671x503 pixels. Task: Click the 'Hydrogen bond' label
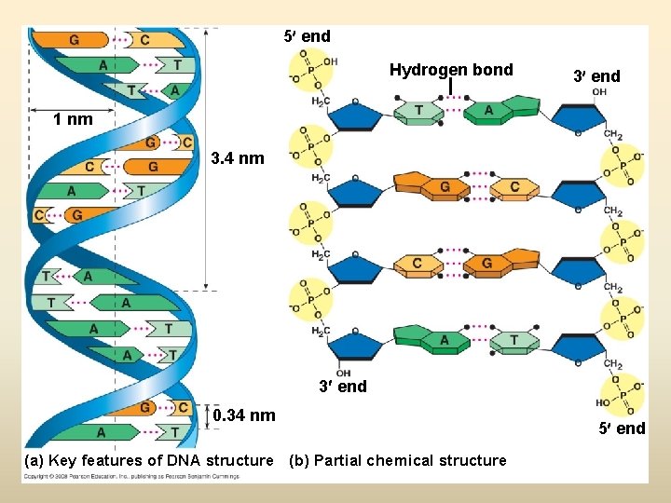pyautogui.click(x=451, y=70)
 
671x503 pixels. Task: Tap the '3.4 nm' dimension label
pyautogui.click(x=238, y=158)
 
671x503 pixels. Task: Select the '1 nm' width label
pyautogui.click(x=73, y=119)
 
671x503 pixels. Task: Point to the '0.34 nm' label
pyautogui.click(x=244, y=415)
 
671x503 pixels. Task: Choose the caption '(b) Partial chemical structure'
pyautogui.click(x=398, y=460)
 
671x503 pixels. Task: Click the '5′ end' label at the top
pyautogui.click(x=307, y=36)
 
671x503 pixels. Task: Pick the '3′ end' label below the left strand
pyautogui.click(x=343, y=386)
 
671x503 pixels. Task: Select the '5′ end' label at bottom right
pyautogui.click(x=622, y=428)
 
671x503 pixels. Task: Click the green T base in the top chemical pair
pyautogui.click(x=419, y=111)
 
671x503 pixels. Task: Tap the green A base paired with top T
pyautogui.click(x=488, y=111)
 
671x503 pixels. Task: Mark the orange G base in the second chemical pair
pyautogui.click(x=445, y=187)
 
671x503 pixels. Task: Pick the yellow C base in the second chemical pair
pyautogui.click(x=514, y=187)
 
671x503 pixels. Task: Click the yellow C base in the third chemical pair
pyautogui.click(x=417, y=264)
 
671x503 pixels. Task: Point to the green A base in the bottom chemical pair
pyautogui.click(x=444, y=340)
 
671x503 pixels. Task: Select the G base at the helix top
pyautogui.click(x=74, y=40)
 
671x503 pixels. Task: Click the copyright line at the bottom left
pyautogui.click(x=130, y=476)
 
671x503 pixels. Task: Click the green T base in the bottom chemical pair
pyautogui.click(x=514, y=340)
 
